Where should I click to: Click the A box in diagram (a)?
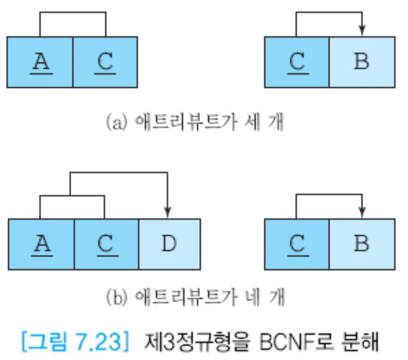click(40, 62)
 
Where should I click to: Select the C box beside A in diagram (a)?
click(105, 62)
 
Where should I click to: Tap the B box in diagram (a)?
click(362, 62)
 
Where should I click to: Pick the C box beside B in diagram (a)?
click(297, 62)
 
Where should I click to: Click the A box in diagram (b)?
click(41, 244)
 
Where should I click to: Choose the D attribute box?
click(169, 244)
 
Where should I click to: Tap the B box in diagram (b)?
click(362, 244)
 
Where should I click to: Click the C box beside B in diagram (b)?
click(297, 244)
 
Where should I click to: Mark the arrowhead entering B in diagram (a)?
click(362, 31)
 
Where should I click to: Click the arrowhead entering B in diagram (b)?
click(362, 213)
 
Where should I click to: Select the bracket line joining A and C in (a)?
click(73, 13)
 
